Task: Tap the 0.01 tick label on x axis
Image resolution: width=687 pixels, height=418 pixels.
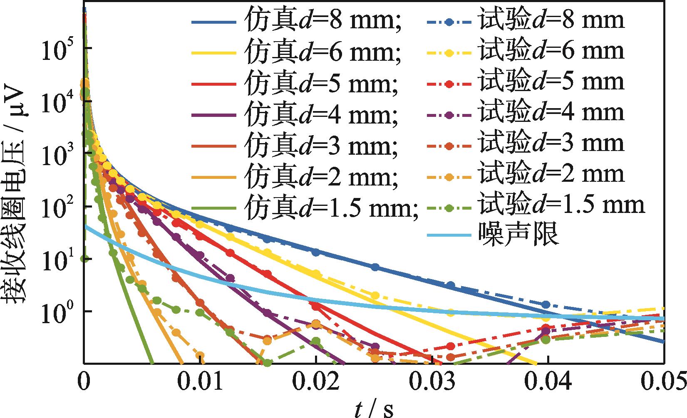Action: point(200,383)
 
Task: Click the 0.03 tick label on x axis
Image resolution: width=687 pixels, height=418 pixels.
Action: point(432,383)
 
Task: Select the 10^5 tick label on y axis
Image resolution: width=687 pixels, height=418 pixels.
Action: point(58,49)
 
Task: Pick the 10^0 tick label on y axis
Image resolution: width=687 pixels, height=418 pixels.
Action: point(58,311)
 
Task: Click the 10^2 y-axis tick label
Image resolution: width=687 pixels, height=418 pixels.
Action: point(58,206)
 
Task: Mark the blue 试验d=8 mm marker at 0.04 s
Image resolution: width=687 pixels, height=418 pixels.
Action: point(546,304)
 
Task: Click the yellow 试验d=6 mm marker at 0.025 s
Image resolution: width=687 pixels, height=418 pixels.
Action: point(375,296)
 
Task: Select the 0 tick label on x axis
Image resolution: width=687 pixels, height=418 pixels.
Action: point(84,383)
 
